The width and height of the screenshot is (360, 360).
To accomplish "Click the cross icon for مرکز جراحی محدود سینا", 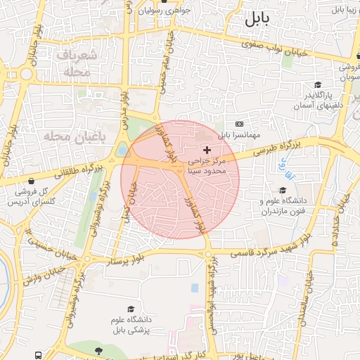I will pos(207,150).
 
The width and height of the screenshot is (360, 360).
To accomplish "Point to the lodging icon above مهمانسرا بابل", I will pos(239,123).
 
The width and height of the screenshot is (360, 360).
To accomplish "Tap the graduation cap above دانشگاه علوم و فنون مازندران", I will pos(283,190).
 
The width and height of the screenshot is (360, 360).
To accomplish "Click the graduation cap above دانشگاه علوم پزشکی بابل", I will pos(130,309).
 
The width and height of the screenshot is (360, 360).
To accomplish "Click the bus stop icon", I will pos(37,355).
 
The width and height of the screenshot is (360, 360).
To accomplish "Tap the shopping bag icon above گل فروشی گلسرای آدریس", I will pos(30,181).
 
